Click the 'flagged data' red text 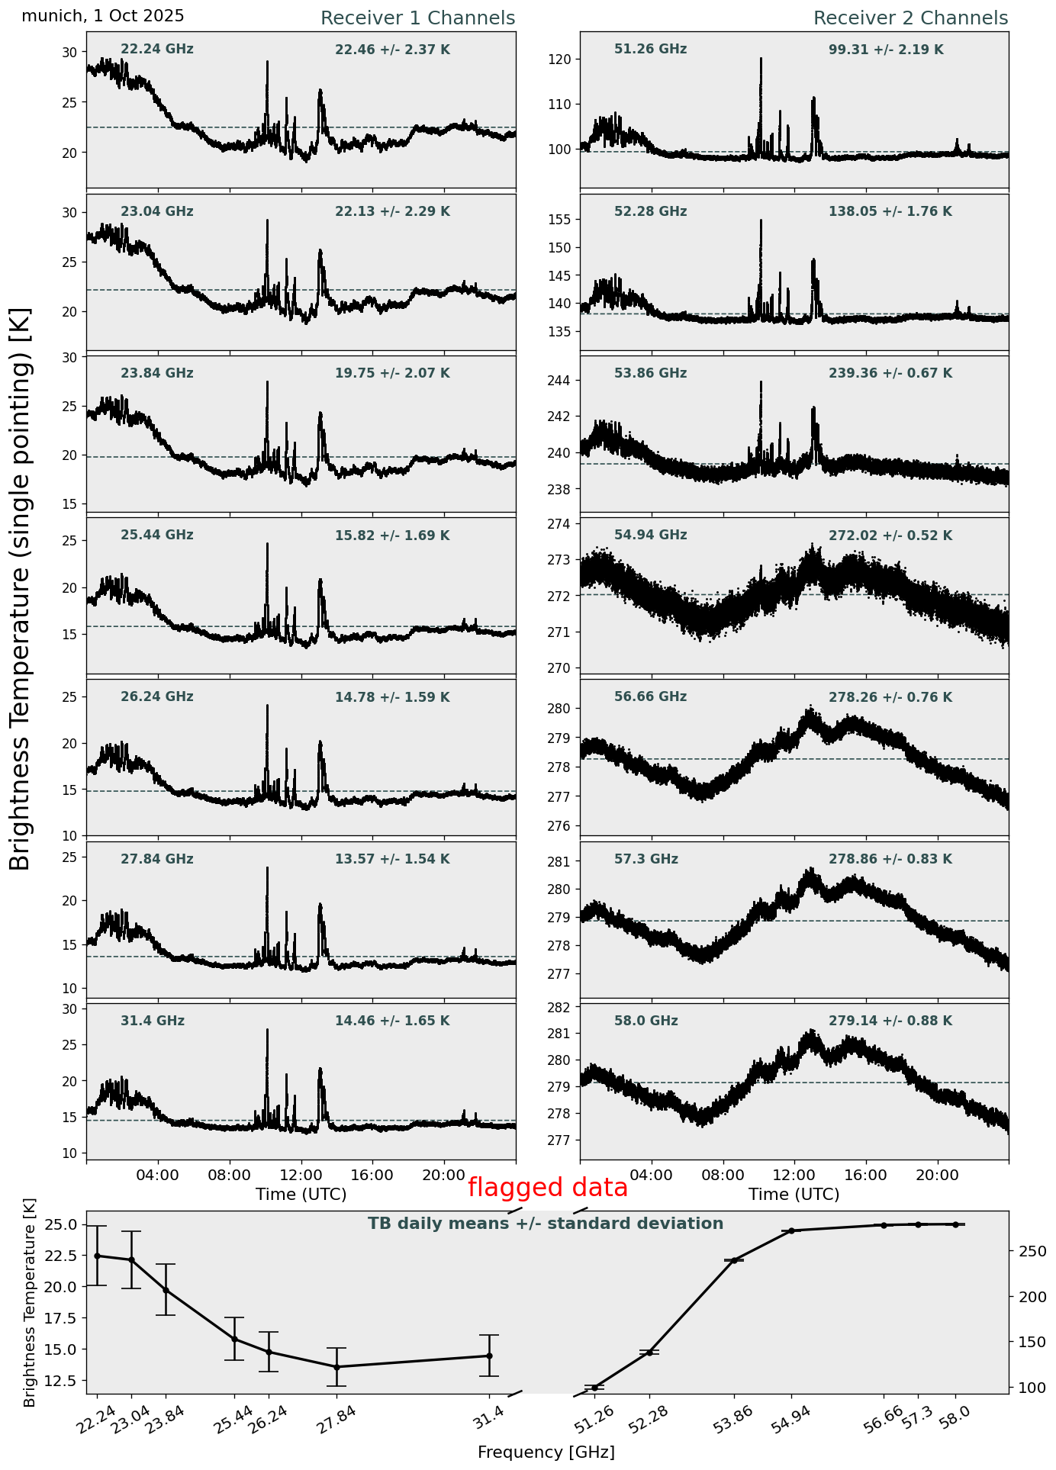tap(547, 1188)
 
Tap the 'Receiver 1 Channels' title tap(417, 18)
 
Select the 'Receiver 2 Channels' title tap(910, 18)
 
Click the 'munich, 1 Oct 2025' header tap(103, 16)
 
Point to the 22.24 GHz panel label tap(157, 50)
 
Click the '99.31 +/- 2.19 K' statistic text tap(886, 50)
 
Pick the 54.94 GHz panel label tap(650, 536)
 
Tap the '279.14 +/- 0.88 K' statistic tap(890, 1021)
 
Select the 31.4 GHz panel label tap(153, 1021)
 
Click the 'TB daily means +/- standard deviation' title tap(546, 1224)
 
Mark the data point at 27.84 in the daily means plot tap(336, 1367)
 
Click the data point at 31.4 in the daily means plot tap(489, 1356)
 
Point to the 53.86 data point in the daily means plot tap(734, 1260)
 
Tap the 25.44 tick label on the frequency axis tap(236, 1421)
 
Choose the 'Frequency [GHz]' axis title tap(546, 1452)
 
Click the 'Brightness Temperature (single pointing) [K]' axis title tap(21, 589)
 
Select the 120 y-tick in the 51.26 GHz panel tap(565, 60)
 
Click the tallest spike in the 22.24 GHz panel tap(267, 63)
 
